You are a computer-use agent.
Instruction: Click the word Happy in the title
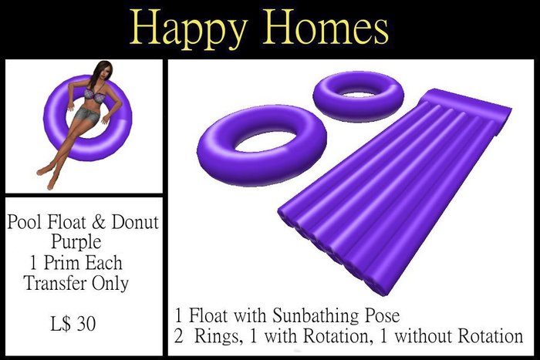point(188,30)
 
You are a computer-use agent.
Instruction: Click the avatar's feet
point(47,177)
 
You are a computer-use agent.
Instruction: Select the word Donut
point(135,222)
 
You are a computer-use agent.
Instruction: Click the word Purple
point(76,242)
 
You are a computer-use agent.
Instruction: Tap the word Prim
point(62,263)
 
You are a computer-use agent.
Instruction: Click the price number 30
point(86,324)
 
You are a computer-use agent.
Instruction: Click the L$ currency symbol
point(61,324)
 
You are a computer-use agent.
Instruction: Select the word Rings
point(216,336)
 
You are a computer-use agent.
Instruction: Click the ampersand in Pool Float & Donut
point(99,222)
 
